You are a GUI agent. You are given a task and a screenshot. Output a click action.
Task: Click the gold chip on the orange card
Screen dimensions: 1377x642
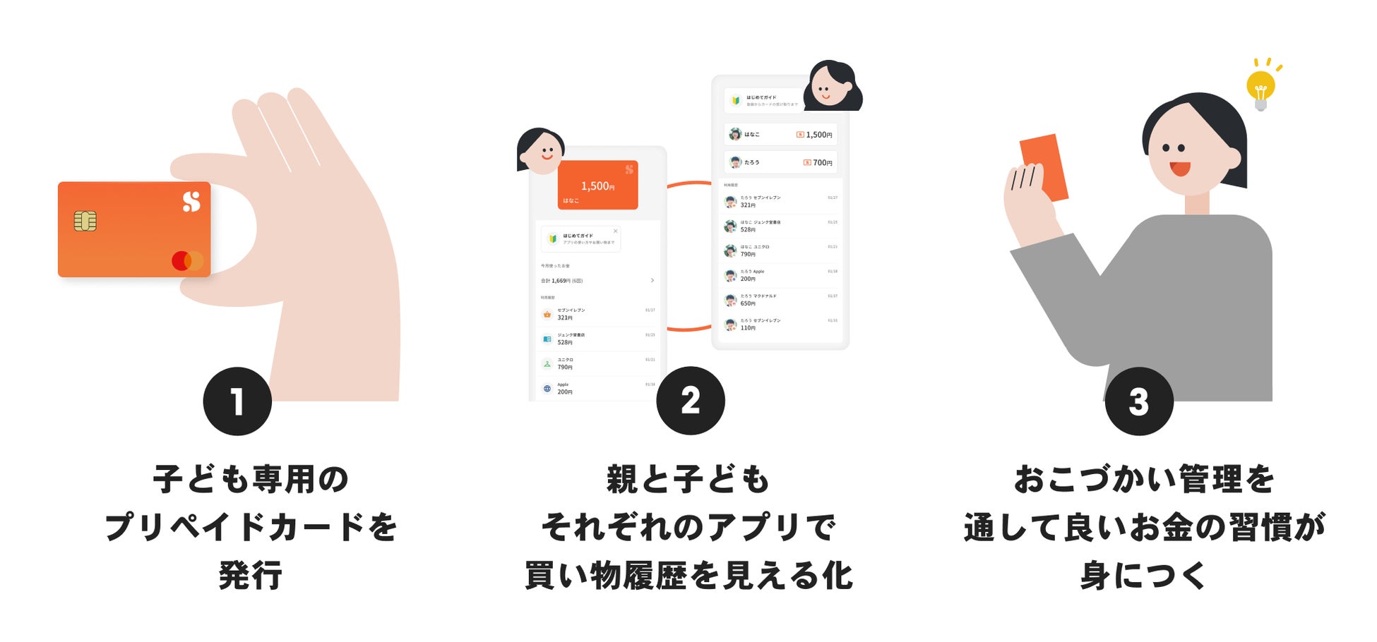[x=85, y=221]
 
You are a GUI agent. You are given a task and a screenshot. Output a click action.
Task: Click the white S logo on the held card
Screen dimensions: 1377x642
[x=191, y=202]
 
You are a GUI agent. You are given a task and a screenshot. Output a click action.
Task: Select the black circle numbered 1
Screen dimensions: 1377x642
[x=237, y=401]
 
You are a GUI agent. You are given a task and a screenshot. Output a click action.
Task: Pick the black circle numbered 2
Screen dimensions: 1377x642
[x=690, y=400]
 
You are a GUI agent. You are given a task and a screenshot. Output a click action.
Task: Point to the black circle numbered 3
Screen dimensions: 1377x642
[x=1138, y=401]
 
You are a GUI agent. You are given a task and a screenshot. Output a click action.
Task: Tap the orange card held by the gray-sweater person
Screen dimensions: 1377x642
[x=1044, y=167]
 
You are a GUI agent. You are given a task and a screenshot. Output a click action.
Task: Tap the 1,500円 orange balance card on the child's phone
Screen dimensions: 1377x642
[x=597, y=186]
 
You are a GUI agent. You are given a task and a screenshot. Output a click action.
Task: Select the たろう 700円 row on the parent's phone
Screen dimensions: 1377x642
[x=780, y=162]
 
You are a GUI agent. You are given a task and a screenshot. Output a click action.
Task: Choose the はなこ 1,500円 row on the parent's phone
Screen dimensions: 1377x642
[x=780, y=134]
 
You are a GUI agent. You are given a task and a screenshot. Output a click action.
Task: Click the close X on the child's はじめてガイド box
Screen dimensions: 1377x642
[x=615, y=231]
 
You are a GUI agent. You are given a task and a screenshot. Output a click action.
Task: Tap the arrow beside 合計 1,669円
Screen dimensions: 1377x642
[x=652, y=281]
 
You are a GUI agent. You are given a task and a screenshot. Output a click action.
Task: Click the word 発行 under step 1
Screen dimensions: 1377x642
[x=251, y=575]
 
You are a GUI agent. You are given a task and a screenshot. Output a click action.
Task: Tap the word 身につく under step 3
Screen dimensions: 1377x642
[x=1143, y=575]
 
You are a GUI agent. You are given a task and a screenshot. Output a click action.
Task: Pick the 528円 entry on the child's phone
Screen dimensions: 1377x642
[x=597, y=339]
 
